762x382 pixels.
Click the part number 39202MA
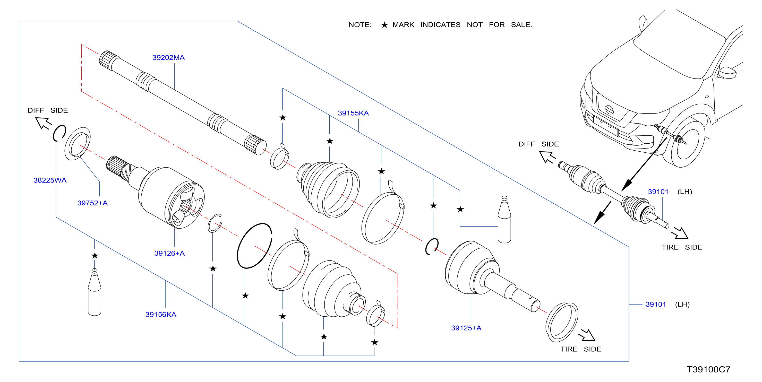pyautogui.click(x=168, y=58)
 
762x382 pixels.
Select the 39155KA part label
pyautogui.click(x=353, y=113)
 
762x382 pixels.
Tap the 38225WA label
pyautogui.click(x=50, y=180)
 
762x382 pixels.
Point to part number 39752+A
pyautogui.click(x=92, y=203)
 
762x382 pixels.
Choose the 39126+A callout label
pyautogui.click(x=169, y=253)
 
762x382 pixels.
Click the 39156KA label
pyautogui.click(x=161, y=315)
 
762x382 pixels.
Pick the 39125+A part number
pyautogui.click(x=466, y=328)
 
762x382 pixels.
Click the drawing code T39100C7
pyautogui.click(x=708, y=370)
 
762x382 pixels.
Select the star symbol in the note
pyautogui.click(x=384, y=25)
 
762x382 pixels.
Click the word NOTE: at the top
pyautogui.click(x=360, y=25)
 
